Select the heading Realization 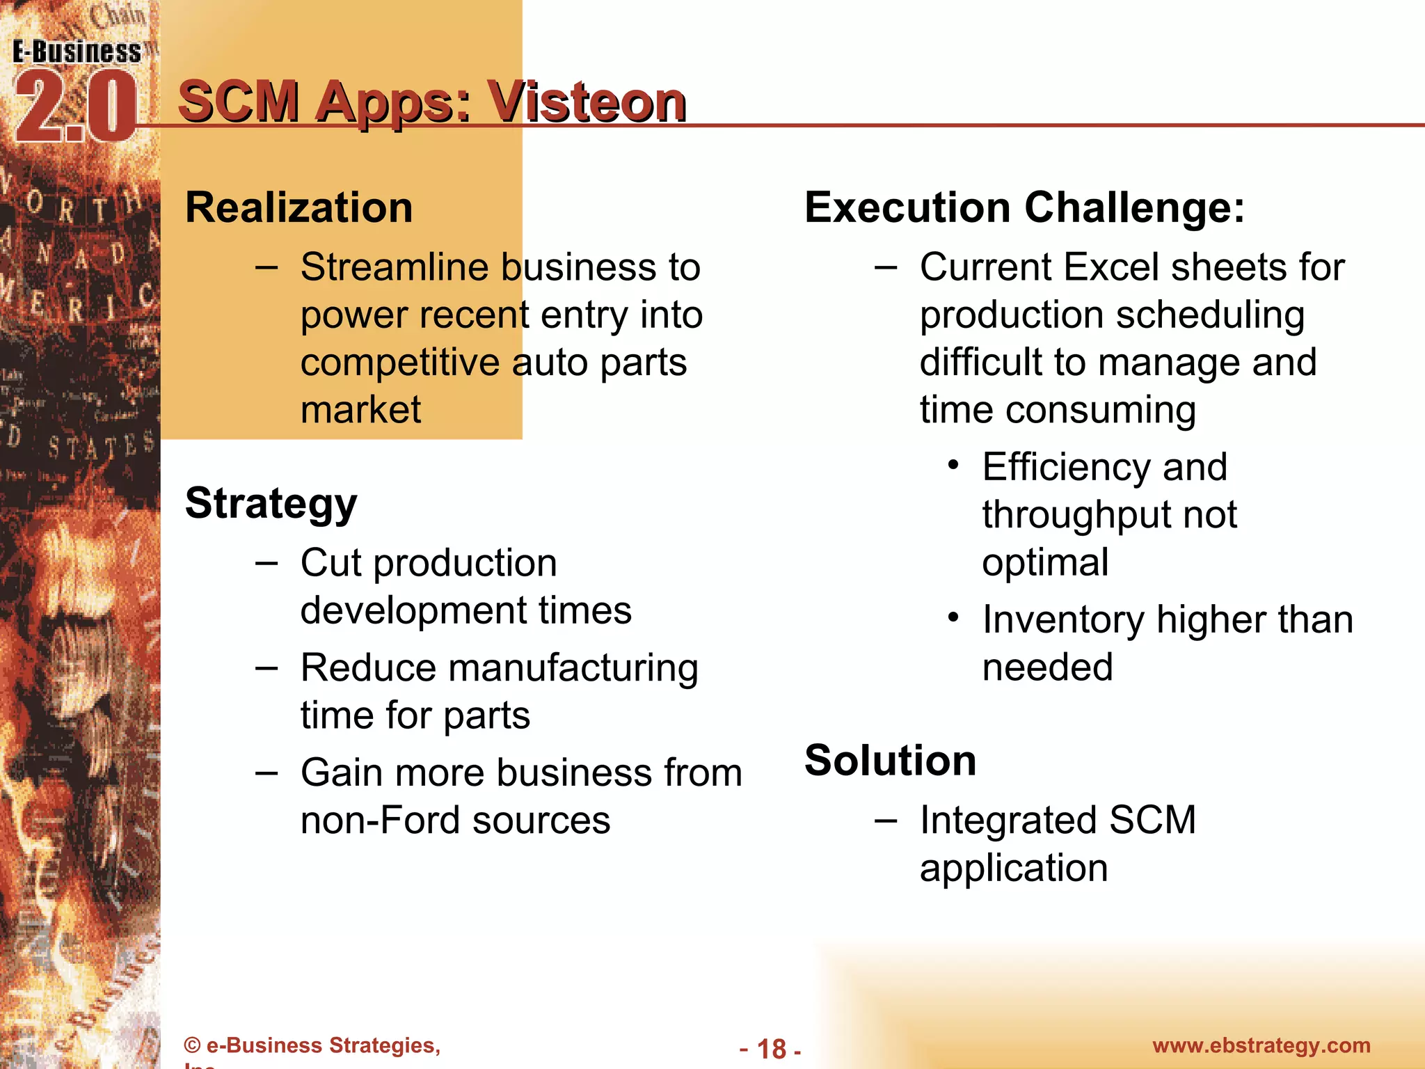(299, 207)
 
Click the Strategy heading (271, 503)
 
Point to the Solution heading (891, 760)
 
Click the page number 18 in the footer (771, 1049)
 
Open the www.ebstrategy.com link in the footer (1261, 1045)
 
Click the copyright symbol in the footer (192, 1045)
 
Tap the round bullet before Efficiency (953, 464)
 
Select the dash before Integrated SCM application (886, 821)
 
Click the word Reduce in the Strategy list (369, 668)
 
